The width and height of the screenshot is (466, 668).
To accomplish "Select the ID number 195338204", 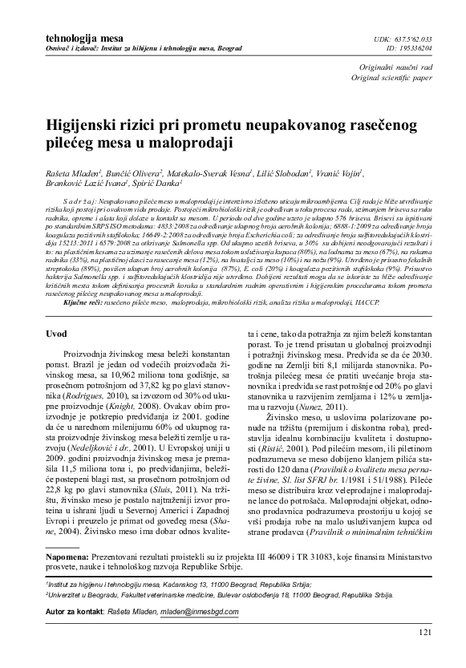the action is click(x=413, y=48).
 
